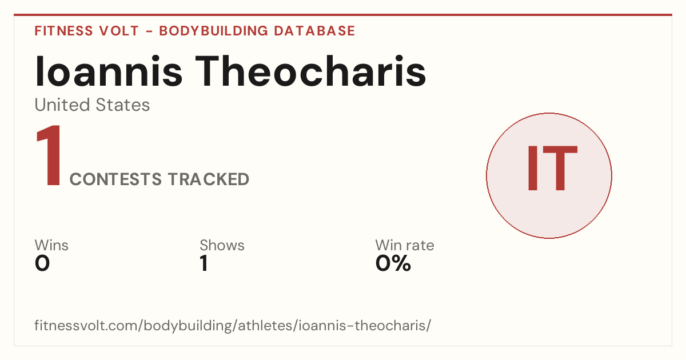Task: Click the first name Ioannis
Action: click(x=109, y=71)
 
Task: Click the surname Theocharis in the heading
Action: click(x=310, y=71)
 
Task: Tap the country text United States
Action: click(x=92, y=105)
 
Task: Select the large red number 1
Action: click(x=49, y=155)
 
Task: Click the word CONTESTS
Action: click(x=115, y=179)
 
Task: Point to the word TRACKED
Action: click(x=209, y=179)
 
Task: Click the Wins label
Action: click(x=51, y=245)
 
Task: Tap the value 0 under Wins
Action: click(x=42, y=263)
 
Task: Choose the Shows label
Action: click(x=222, y=245)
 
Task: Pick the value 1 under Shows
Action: click(x=204, y=263)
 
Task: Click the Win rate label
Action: click(x=405, y=245)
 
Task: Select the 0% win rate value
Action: click(x=393, y=263)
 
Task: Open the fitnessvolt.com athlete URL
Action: click(x=233, y=325)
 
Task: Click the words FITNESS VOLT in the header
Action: click(x=87, y=31)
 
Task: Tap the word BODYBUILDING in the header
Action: click(x=213, y=31)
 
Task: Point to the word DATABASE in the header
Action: click(x=314, y=31)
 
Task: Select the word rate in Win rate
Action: click(x=419, y=246)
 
